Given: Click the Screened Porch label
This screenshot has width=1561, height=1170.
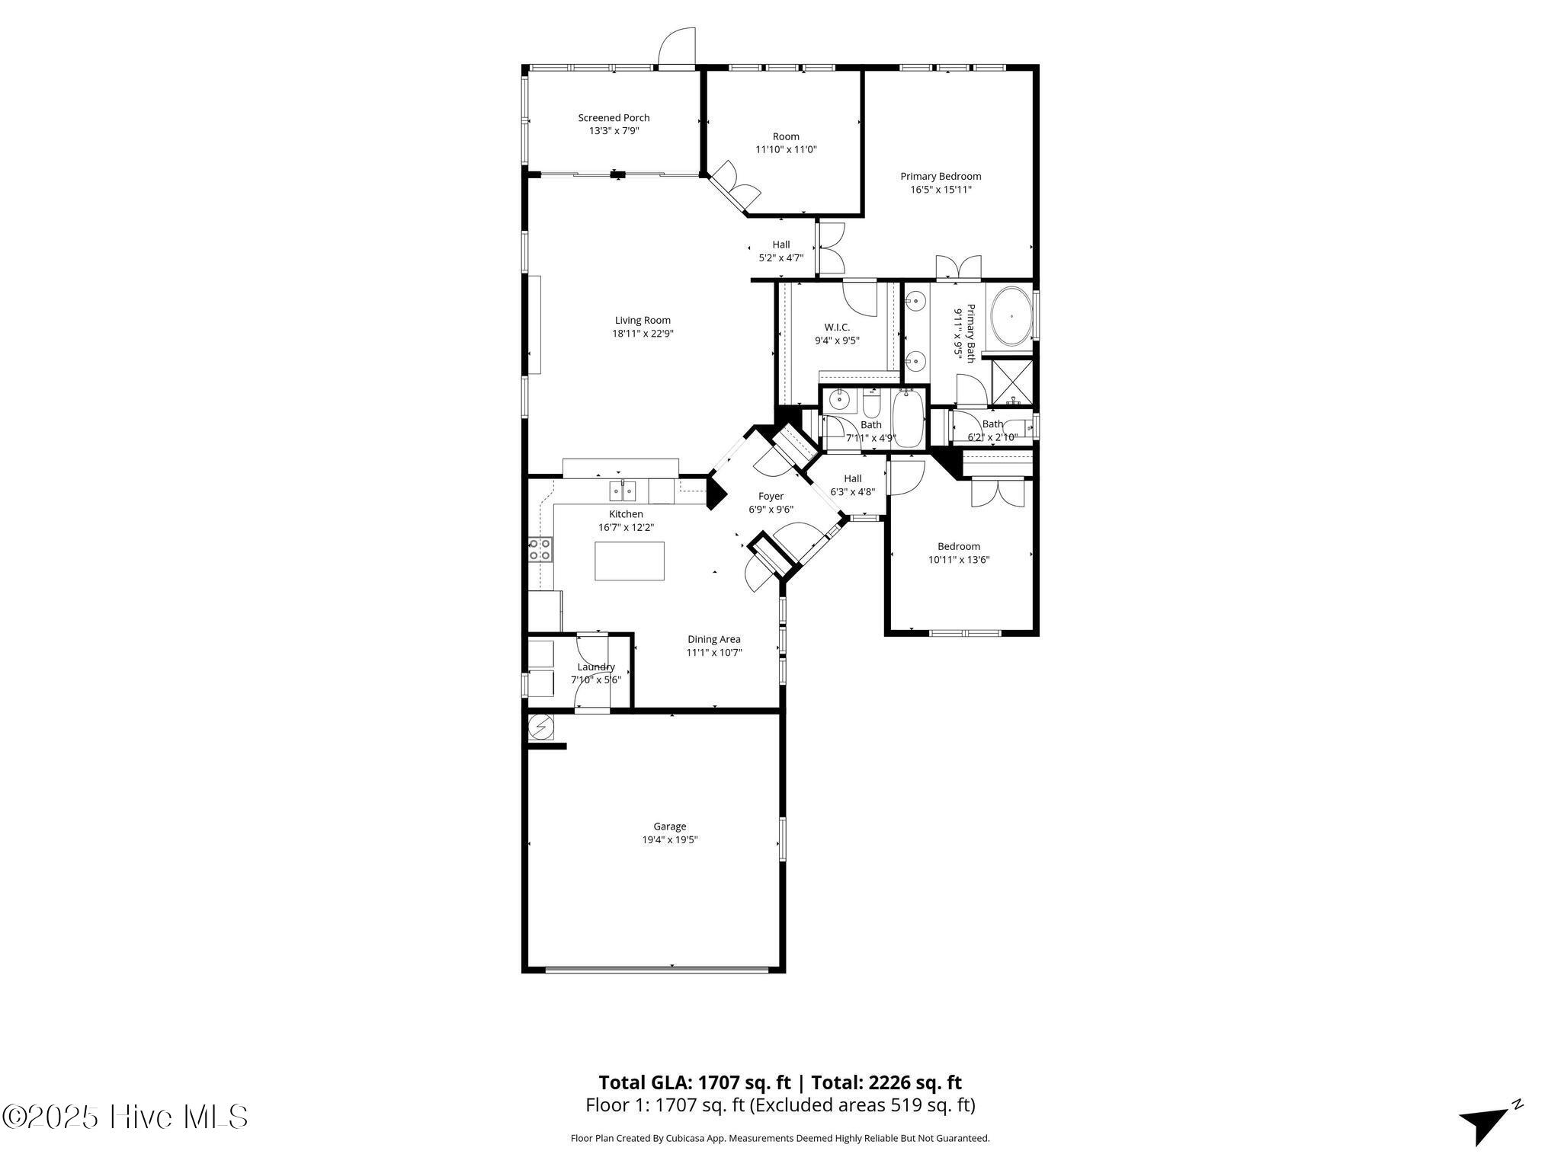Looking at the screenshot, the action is tap(614, 118).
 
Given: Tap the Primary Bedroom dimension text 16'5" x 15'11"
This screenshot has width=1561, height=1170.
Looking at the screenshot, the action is tap(941, 190).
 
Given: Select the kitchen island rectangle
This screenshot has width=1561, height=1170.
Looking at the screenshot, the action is tap(629, 561).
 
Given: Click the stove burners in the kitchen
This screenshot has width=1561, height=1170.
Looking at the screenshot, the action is tap(540, 549).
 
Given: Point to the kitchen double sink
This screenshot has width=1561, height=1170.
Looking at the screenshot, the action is tap(623, 491).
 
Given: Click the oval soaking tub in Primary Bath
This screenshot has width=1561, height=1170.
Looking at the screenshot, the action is tap(1009, 316).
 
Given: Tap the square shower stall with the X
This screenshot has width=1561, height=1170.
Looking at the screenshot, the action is tap(1011, 382).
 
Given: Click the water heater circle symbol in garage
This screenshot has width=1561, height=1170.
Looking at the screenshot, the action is tap(541, 727).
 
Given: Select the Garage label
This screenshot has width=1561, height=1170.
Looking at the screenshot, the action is tap(669, 826).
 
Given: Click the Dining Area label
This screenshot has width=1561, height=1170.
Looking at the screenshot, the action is tap(713, 639).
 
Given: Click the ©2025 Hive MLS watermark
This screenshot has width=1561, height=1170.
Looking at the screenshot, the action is tap(124, 1117).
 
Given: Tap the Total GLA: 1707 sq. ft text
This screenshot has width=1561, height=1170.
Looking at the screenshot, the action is tap(694, 1082).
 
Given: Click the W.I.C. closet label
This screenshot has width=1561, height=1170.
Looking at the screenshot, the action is tap(837, 328).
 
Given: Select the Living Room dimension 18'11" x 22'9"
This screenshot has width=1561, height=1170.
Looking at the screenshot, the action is tap(643, 334).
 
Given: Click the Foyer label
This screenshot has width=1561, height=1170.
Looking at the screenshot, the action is tap(771, 497).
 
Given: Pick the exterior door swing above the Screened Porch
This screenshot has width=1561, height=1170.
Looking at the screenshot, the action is tap(678, 48).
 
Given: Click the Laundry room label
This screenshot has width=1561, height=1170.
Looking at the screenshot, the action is tap(596, 667).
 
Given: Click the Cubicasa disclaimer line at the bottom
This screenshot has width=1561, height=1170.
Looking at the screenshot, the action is tap(780, 1139).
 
